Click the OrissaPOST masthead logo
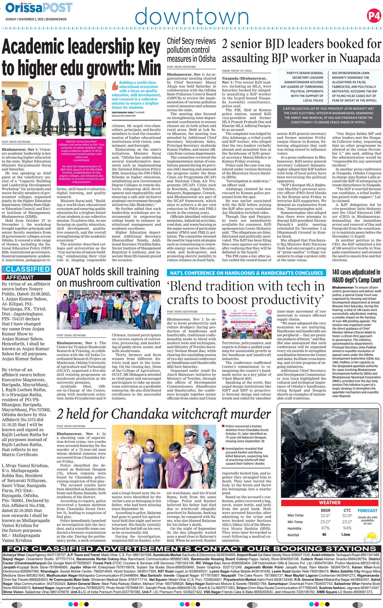[39, 8]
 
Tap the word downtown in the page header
[192, 16]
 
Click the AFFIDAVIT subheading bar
[26, 278]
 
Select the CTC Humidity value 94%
[347, 528]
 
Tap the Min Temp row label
[295, 522]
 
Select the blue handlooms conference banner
[246, 273]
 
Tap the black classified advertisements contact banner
[191, 548]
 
